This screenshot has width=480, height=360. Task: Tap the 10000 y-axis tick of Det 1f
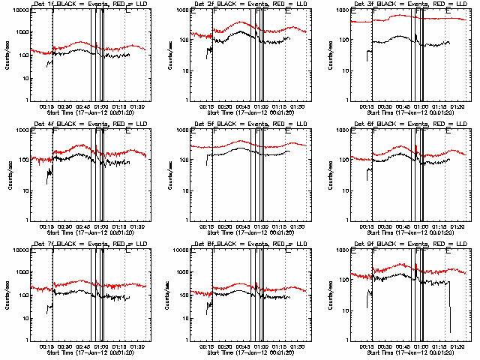(19, 11)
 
